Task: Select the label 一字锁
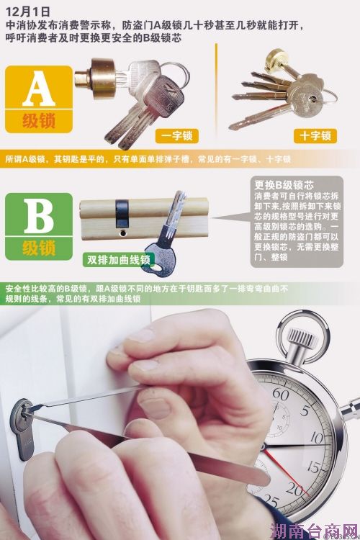click(x=176, y=135)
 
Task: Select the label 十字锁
click(x=315, y=135)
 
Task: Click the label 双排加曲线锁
click(x=119, y=259)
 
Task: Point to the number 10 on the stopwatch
click(x=317, y=438)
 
